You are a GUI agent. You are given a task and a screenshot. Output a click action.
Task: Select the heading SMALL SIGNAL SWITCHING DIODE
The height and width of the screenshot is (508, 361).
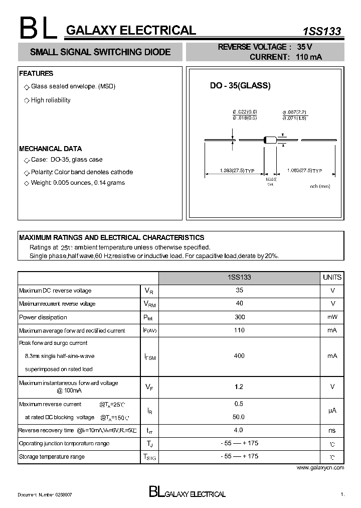click(x=100, y=52)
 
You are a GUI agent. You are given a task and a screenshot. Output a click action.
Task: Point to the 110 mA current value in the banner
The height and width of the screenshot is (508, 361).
click(x=308, y=57)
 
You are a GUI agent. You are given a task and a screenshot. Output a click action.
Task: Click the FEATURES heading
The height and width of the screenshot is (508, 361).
click(x=36, y=74)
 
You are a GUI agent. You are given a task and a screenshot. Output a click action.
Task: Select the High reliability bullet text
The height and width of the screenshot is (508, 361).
click(x=51, y=100)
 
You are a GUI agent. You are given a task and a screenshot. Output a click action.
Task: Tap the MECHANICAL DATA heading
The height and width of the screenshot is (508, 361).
click(x=50, y=149)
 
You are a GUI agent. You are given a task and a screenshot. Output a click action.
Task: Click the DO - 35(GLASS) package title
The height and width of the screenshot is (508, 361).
click(x=240, y=86)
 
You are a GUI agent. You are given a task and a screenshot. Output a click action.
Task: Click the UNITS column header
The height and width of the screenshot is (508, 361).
click(x=332, y=277)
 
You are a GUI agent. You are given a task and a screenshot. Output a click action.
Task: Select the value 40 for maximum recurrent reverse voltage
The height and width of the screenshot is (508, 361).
click(x=239, y=303)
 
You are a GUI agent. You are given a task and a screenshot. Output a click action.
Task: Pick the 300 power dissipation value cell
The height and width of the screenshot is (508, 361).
click(x=239, y=317)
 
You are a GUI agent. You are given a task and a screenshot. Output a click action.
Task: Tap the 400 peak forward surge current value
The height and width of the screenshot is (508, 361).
click(x=239, y=356)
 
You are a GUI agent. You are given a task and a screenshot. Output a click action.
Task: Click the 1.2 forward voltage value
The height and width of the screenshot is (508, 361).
click(x=239, y=387)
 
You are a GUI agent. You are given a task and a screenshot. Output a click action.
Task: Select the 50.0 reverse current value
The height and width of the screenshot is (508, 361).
click(x=239, y=417)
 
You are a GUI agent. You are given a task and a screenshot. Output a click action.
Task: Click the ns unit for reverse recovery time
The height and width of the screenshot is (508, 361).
click(x=332, y=430)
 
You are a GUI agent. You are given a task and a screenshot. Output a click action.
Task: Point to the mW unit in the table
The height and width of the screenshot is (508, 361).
click(x=332, y=317)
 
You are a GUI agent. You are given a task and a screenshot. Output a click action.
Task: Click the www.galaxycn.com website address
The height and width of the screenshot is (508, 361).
click(x=320, y=467)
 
